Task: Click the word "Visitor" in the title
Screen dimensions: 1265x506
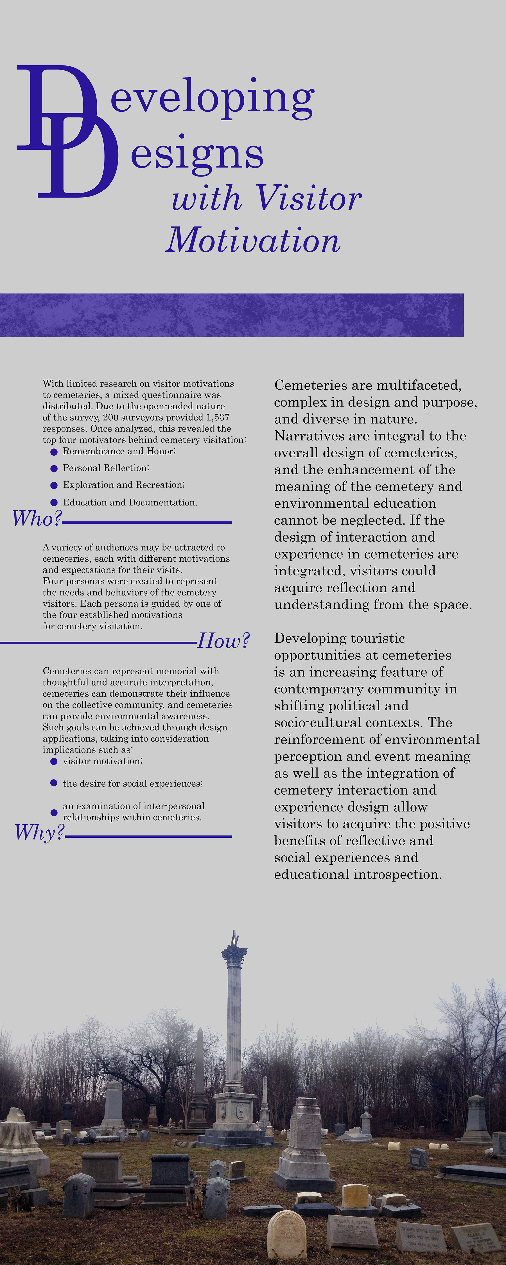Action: (x=309, y=198)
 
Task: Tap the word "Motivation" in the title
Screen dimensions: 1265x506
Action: (x=253, y=241)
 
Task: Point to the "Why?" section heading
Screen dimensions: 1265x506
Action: (x=39, y=832)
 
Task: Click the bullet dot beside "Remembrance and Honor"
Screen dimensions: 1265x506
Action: (x=54, y=452)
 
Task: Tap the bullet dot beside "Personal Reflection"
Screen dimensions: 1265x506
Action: (x=54, y=469)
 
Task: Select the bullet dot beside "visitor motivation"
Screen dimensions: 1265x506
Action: (x=54, y=761)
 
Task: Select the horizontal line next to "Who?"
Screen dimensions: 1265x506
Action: (x=147, y=523)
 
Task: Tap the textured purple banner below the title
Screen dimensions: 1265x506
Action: (x=231, y=315)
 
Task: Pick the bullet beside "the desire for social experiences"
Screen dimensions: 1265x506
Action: (x=54, y=783)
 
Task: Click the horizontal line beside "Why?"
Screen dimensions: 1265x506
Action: (x=148, y=836)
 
